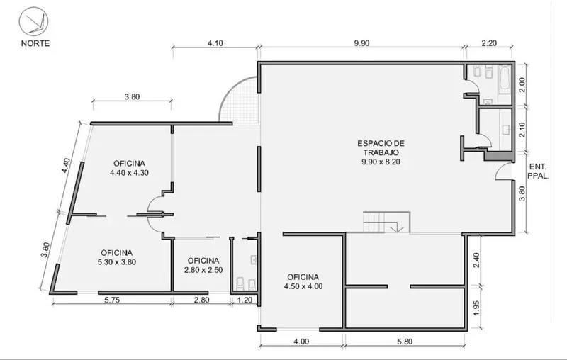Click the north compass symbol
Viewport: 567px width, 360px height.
(33, 22)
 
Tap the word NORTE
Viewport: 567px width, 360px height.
(35, 43)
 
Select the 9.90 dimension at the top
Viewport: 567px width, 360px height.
(361, 43)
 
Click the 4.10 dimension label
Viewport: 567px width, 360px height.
(215, 43)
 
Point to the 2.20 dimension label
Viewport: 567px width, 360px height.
(489, 43)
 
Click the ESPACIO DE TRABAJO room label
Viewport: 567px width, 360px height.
(381, 152)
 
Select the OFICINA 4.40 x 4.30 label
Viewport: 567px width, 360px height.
(129, 168)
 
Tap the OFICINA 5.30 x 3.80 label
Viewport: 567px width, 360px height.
(116, 258)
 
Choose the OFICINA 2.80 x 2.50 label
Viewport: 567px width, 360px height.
(203, 265)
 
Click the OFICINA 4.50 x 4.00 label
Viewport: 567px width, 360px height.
(303, 281)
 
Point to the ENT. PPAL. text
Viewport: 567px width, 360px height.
(538, 171)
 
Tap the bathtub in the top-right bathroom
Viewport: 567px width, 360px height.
(505, 77)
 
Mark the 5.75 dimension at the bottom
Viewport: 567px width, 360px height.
(112, 300)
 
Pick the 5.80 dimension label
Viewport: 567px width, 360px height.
(405, 341)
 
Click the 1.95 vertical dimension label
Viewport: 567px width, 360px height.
(476, 308)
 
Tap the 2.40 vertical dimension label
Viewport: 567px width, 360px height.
(476, 260)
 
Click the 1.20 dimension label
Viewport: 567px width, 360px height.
(245, 300)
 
